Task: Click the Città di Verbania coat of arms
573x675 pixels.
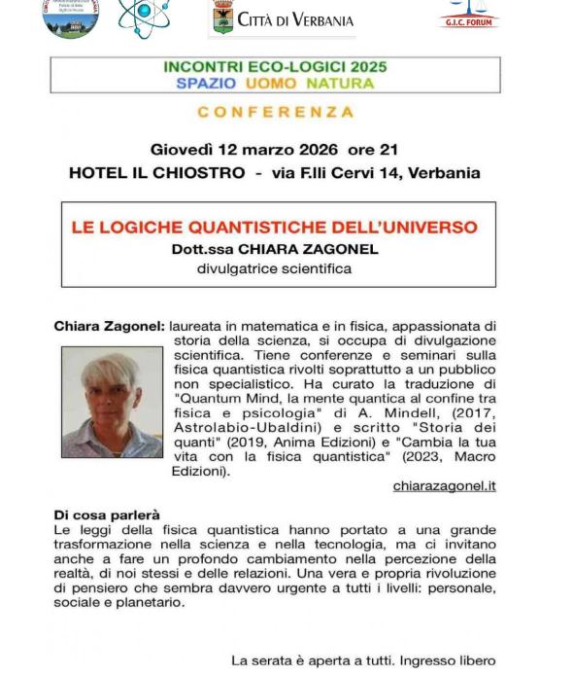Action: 222,18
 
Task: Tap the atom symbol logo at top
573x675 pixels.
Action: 142,17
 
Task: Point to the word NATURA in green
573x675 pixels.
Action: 340,84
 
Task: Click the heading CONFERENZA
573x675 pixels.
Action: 276,112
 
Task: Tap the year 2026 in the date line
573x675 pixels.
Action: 312,150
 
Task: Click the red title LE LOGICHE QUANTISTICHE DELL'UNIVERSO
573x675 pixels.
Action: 275,228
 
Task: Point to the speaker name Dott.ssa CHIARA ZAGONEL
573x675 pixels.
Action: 275,249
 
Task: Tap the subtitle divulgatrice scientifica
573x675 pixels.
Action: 275,268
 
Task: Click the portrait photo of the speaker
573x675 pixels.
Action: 112,403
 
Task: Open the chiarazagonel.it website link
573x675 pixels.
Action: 444,485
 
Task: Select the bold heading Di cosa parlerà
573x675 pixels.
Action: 107,515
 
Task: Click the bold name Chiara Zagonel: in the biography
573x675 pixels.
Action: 109,327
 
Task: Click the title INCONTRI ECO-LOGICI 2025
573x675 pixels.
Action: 275,67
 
